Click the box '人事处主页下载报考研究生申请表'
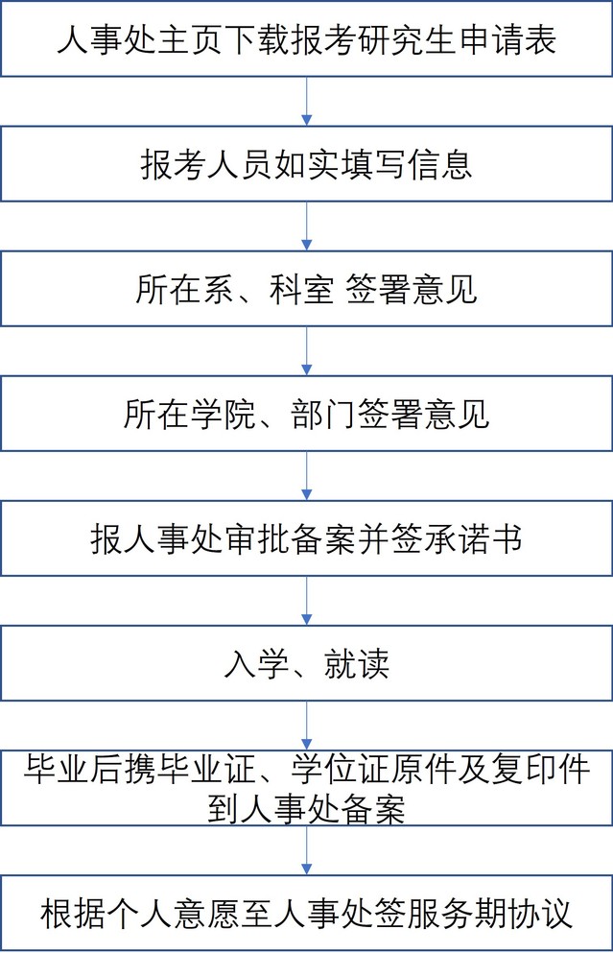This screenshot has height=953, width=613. (306, 39)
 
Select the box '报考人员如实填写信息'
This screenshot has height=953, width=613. (306, 163)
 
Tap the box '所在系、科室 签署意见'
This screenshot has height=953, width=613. (306, 289)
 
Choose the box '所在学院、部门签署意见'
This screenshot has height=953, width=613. (306, 414)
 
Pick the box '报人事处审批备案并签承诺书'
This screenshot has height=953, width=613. (306, 537)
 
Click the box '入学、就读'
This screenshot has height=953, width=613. (306, 663)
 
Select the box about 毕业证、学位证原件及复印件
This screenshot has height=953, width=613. (306, 788)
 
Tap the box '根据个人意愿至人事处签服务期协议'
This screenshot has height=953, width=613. (306, 913)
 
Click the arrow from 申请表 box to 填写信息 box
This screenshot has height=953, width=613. (307, 102)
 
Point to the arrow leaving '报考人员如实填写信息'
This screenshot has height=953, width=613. (307, 226)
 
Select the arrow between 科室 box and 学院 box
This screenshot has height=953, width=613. (307, 351)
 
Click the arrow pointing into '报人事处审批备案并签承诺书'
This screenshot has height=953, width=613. (307, 476)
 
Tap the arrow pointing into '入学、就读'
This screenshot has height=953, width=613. (307, 601)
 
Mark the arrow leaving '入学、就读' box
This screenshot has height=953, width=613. (307, 726)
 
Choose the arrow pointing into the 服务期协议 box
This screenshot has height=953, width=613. (307, 850)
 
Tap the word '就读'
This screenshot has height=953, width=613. (356, 663)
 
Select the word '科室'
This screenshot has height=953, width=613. (301, 289)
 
